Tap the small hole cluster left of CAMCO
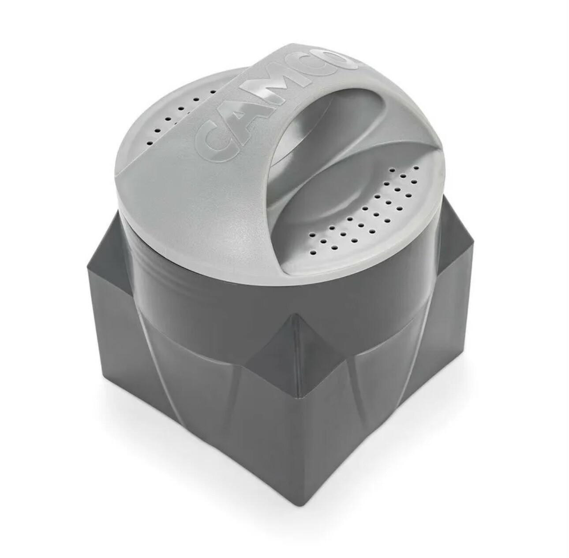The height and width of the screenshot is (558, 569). tap(180, 118)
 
